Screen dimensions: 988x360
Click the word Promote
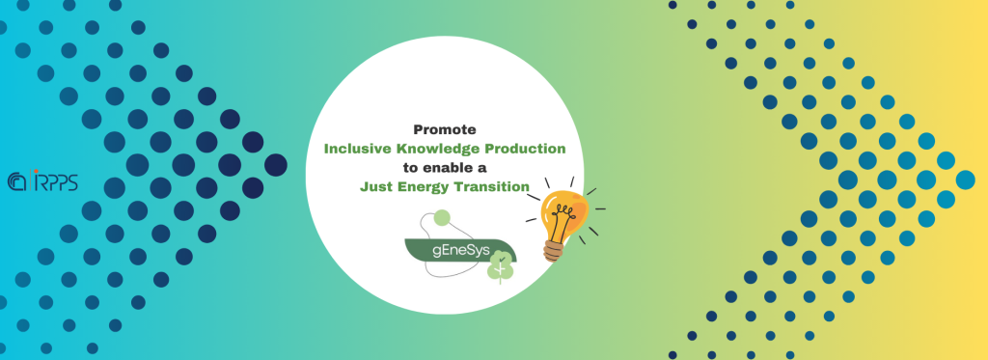click(x=445, y=130)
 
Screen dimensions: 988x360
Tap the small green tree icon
click(x=501, y=267)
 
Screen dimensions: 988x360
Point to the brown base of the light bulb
click(x=553, y=250)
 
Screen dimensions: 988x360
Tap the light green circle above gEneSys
click(x=442, y=217)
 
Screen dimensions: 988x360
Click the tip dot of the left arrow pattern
click(x=275, y=165)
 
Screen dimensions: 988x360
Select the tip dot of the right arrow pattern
click(x=965, y=180)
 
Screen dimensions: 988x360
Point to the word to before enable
click(x=411, y=168)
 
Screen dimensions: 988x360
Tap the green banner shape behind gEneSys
click(x=460, y=250)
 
